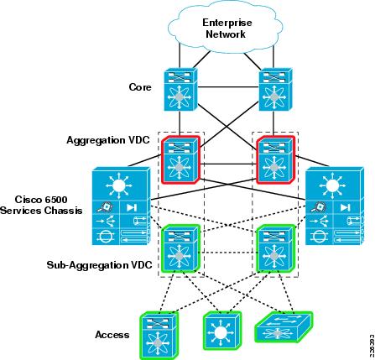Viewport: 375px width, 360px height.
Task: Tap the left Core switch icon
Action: (180, 89)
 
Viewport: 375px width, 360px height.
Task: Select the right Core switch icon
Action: (275, 89)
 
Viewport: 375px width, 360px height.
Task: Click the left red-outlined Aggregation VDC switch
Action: (180, 159)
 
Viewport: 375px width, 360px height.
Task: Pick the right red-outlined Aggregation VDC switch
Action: (275, 159)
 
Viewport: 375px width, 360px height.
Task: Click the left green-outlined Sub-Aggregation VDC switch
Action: (180, 248)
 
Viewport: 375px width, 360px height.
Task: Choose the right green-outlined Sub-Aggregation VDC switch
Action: (275, 248)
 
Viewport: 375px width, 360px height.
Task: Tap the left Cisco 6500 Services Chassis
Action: (121, 206)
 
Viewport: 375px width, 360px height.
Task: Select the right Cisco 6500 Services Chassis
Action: (335, 206)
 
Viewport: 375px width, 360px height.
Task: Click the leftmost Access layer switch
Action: (159, 336)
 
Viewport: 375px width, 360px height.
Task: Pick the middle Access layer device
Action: (222, 331)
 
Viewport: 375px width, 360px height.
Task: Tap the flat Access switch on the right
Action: (284, 326)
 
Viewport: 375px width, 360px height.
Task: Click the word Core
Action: (140, 87)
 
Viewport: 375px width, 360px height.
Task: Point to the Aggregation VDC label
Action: (108, 140)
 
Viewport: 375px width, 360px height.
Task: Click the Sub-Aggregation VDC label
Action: (99, 264)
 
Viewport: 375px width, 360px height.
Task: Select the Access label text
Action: (112, 335)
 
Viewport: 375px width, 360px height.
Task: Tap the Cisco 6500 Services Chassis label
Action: (41, 205)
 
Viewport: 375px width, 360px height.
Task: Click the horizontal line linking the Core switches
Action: (228, 87)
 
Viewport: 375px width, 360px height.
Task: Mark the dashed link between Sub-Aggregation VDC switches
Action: (228, 253)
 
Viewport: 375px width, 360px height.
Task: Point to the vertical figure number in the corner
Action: (372, 345)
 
